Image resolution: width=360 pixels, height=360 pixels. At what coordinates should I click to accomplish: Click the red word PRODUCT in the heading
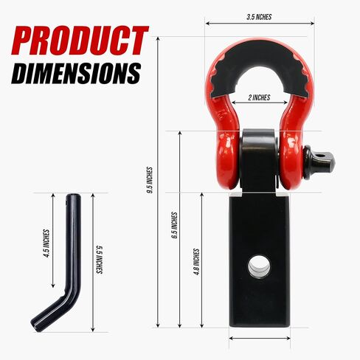(80, 41)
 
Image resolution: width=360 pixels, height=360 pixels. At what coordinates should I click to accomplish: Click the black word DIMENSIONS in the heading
(76, 73)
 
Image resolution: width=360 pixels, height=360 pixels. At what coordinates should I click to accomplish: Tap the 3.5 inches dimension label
(259, 17)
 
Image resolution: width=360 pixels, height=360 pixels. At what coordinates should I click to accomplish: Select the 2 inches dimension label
(259, 97)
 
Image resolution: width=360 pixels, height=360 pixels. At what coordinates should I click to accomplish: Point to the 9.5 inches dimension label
(150, 180)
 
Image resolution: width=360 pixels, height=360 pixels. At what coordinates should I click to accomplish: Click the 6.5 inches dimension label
(175, 226)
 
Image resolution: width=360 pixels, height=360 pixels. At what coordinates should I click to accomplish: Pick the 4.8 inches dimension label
(196, 262)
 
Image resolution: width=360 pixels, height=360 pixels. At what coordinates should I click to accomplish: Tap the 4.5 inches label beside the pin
(46, 243)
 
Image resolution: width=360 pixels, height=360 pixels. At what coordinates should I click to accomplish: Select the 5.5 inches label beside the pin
(99, 260)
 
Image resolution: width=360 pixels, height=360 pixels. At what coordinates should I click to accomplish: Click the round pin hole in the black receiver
(259, 266)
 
